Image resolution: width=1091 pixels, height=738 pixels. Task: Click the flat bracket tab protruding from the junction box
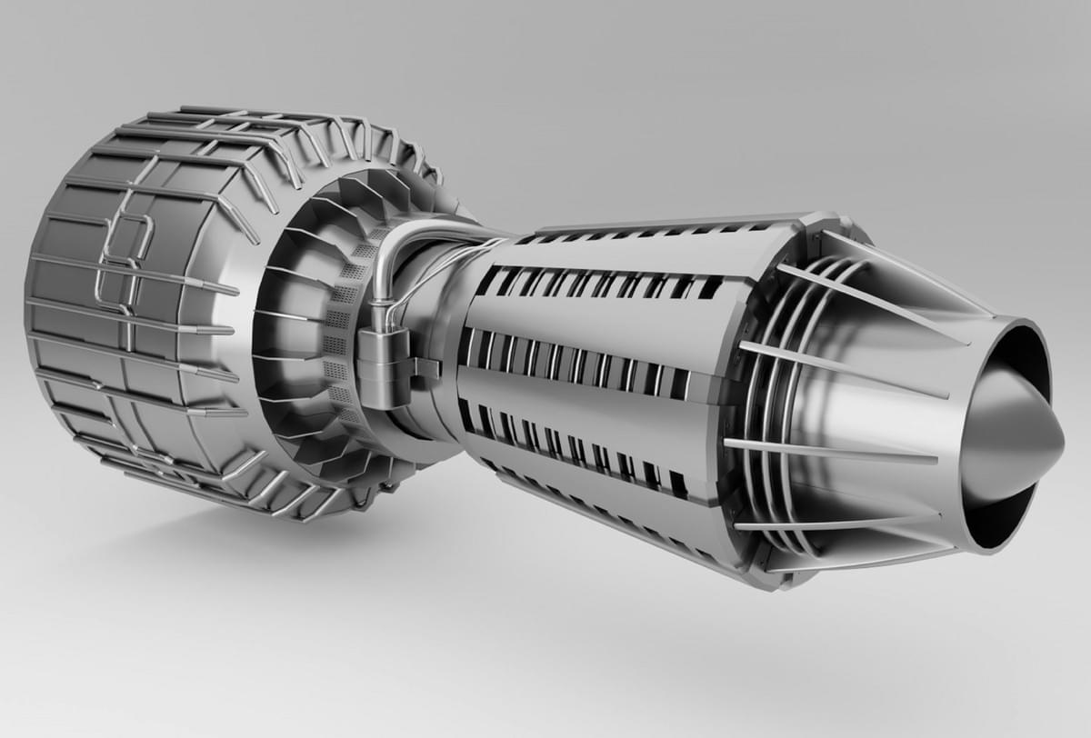coord(426,367)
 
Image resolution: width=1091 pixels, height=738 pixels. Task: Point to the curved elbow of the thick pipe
coord(386,245)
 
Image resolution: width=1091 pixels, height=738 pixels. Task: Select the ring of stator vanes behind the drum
coord(291,273)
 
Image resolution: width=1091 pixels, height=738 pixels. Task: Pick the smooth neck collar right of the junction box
coord(441,318)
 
